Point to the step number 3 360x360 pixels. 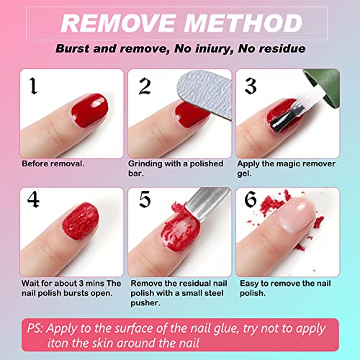click(x=250, y=86)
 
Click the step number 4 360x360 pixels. click(x=33, y=199)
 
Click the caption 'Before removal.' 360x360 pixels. click(x=53, y=163)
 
